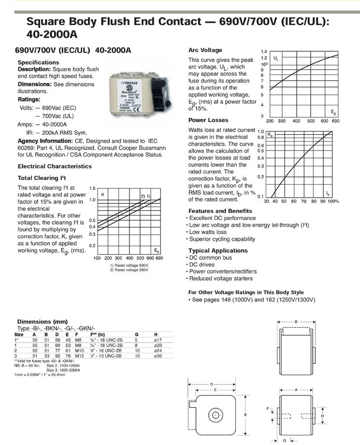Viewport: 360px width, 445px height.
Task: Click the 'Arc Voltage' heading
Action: point(205,50)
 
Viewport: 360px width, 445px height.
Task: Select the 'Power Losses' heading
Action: point(208,120)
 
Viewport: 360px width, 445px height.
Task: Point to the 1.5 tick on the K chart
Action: point(92,188)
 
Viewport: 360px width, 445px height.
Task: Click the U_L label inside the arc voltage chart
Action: point(276,58)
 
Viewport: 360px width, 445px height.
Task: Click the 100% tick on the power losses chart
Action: point(333,201)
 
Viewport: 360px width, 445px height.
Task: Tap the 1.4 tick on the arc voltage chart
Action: point(264,51)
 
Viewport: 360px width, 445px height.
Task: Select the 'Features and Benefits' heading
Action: point(220,211)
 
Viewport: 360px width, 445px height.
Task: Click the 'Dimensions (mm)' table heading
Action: point(42,321)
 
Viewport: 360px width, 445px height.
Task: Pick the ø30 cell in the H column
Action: point(158,356)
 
